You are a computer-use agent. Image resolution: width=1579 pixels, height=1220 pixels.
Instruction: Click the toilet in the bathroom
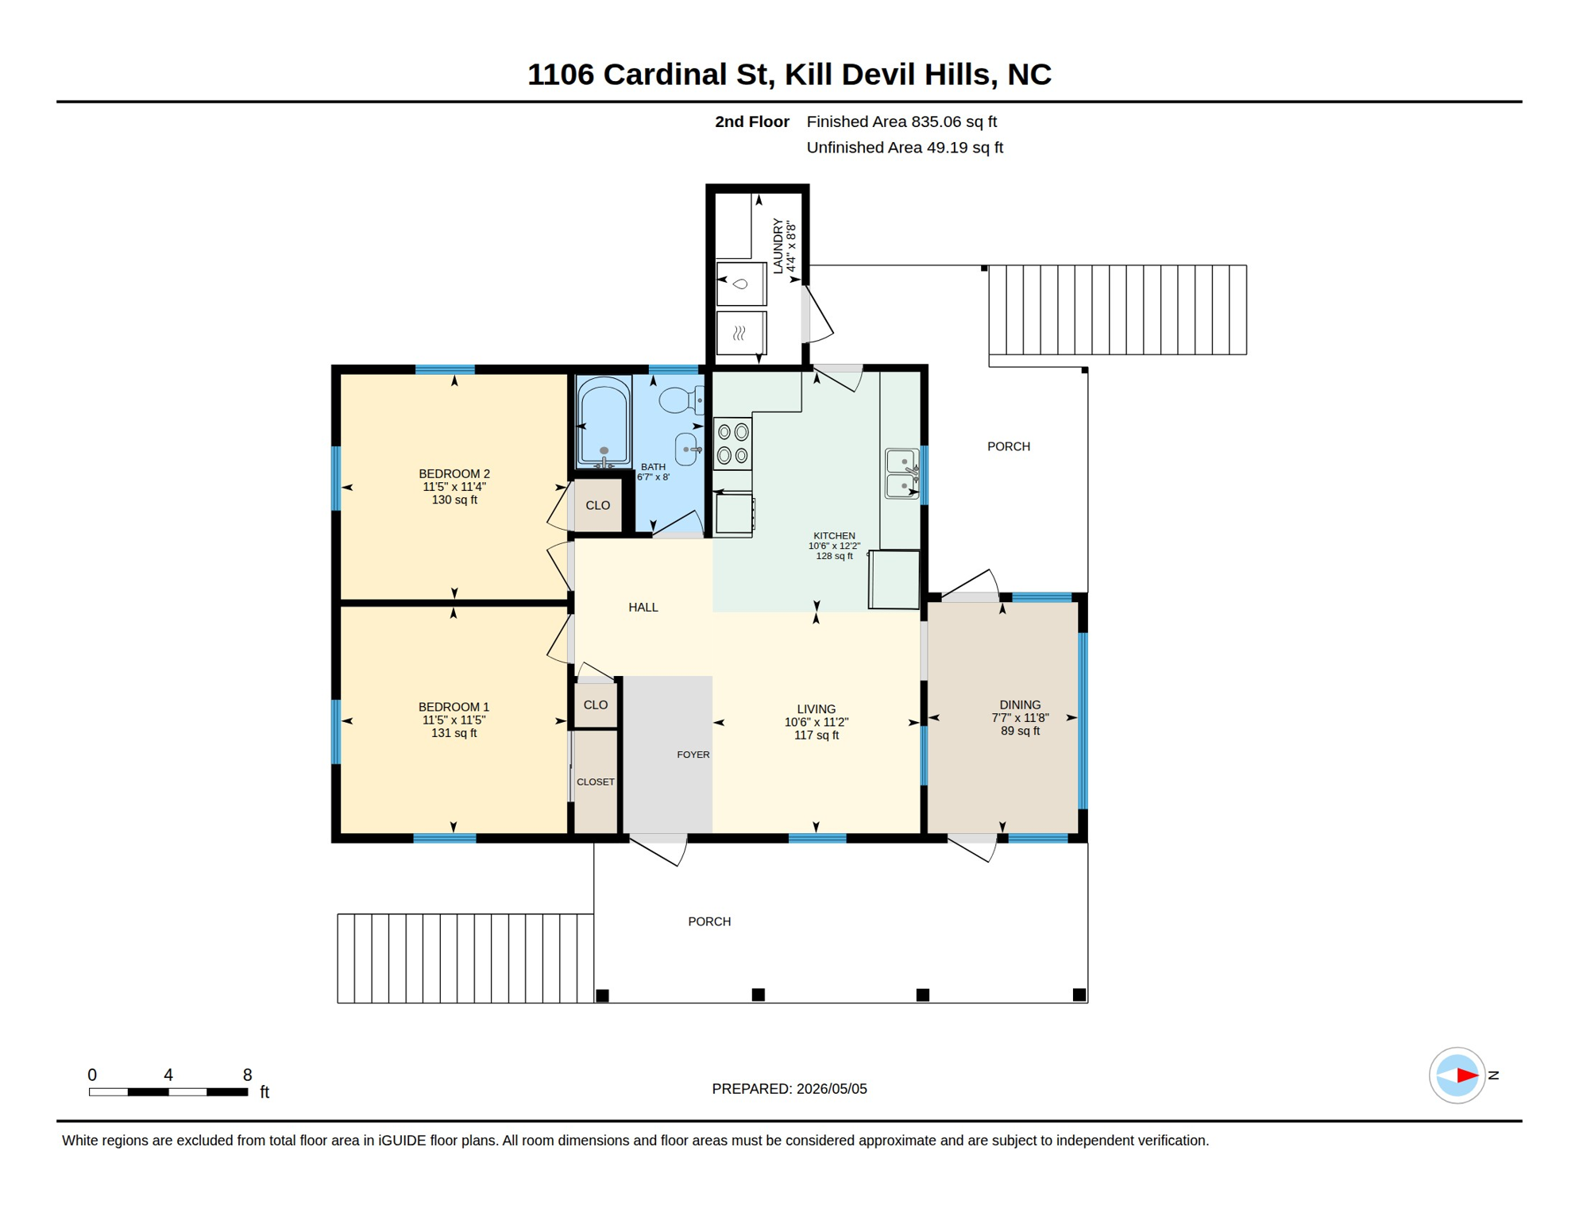(x=681, y=400)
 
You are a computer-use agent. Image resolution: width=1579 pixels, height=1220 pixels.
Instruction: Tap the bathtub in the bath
(x=604, y=421)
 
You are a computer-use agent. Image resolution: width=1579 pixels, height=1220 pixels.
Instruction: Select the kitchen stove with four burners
(x=732, y=444)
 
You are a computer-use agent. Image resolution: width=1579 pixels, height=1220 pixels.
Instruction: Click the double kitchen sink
(x=902, y=473)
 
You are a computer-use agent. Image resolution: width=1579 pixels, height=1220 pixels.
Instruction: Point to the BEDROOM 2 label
(x=454, y=473)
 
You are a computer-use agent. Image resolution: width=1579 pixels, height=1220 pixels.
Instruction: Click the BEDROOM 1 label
(x=454, y=707)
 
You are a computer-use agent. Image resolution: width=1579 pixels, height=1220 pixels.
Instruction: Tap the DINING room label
(x=1020, y=705)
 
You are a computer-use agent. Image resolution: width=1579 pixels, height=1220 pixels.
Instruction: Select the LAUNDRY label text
(x=778, y=246)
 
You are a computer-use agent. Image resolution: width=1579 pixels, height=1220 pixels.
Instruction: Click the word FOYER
(x=693, y=755)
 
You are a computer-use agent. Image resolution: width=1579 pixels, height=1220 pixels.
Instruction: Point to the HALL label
(x=643, y=608)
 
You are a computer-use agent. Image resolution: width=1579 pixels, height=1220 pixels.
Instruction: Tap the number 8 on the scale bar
(x=248, y=1075)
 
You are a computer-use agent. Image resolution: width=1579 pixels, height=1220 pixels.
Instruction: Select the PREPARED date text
(x=789, y=1089)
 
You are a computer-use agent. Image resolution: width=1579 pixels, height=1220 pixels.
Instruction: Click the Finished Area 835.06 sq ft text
(x=901, y=122)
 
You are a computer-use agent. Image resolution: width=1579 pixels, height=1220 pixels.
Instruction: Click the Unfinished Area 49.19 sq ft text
(x=905, y=148)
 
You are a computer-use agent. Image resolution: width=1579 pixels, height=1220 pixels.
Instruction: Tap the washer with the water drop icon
(x=741, y=284)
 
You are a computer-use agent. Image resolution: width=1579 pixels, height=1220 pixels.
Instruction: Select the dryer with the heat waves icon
(x=741, y=333)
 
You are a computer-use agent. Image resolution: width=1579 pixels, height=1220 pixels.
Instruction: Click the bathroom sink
(x=687, y=450)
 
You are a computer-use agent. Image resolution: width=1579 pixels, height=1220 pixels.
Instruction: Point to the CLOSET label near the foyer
(x=596, y=782)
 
